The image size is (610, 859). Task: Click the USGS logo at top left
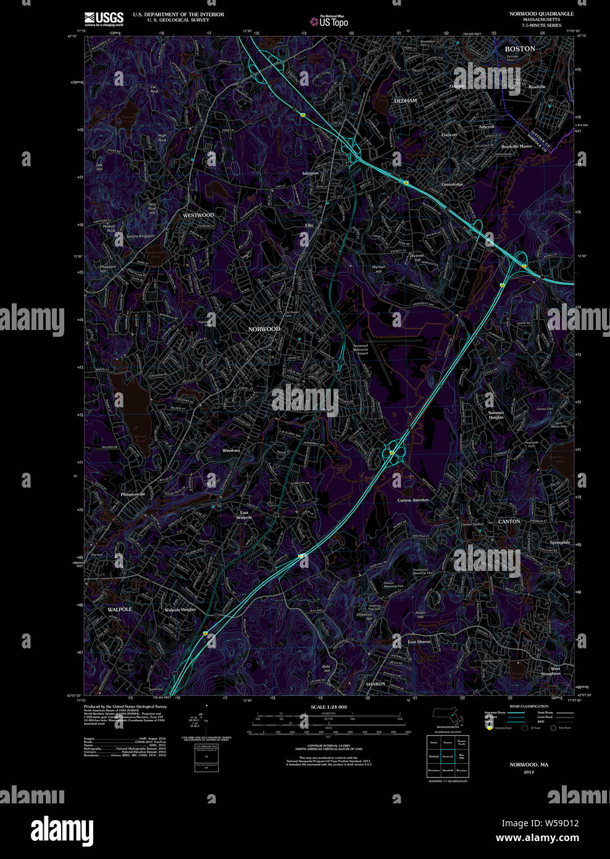104,19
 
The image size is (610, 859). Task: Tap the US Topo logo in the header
329,21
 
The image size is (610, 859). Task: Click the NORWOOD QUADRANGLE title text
532,14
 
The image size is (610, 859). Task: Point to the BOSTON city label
520,49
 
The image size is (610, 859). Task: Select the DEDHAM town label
406,101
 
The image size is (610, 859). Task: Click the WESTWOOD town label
198,215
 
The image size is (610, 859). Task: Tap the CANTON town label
509,522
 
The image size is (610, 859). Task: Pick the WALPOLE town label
120,609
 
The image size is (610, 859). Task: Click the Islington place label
310,174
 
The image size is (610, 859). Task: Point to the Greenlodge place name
452,184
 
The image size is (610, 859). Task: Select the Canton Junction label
412,500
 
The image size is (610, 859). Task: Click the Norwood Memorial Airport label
361,350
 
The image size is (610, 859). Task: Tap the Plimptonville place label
133,494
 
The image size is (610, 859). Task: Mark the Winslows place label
231,451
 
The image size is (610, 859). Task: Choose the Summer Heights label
496,415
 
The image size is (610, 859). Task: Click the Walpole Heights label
180,610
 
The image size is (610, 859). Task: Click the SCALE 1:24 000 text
328,707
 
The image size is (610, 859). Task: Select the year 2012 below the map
529,772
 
